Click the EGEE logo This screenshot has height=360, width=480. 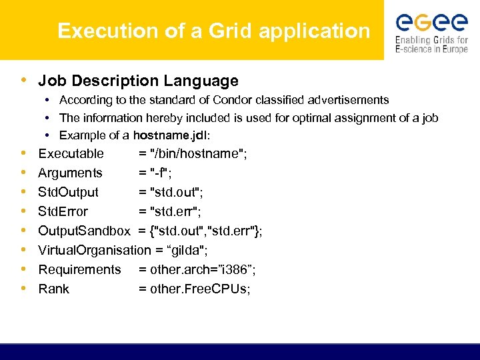click(431, 31)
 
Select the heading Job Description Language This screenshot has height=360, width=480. click(138, 81)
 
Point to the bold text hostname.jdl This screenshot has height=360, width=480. click(170, 135)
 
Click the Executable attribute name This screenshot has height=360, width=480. click(71, 154)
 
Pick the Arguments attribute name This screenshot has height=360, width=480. click(70, 173)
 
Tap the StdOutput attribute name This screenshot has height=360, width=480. click(68, 193)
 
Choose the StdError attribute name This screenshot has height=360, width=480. click(63, 212)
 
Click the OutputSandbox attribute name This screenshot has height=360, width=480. click(84, 231)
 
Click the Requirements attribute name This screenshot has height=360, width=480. click(79, 270)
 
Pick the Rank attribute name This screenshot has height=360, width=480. click(53, 289)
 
